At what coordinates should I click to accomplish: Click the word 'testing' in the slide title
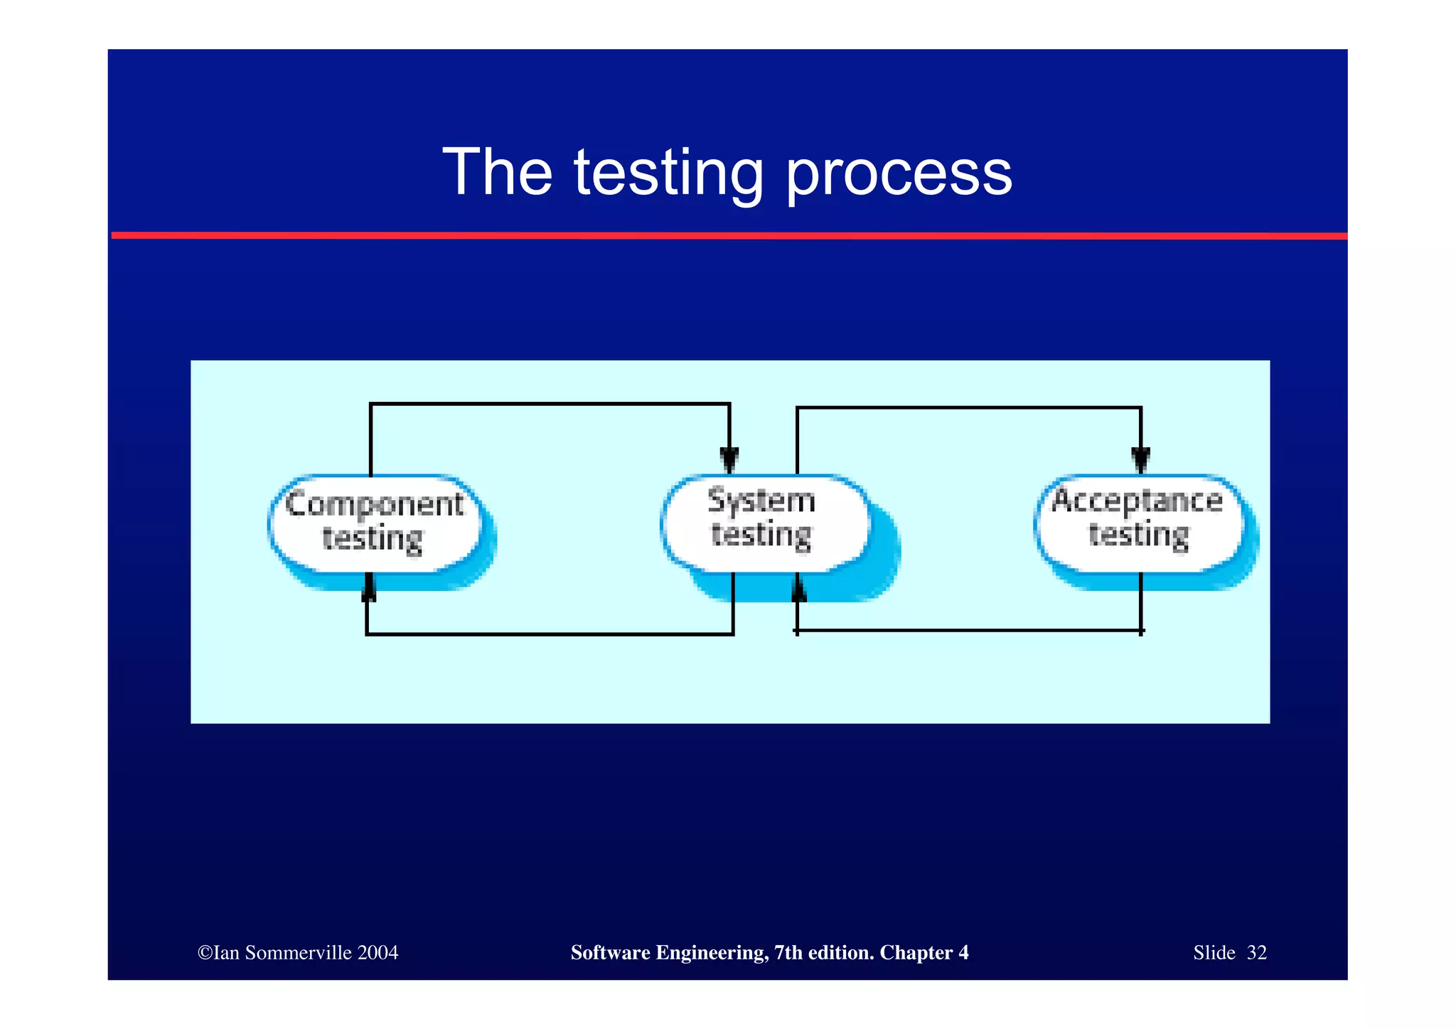668,173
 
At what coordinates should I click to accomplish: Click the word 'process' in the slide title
899,173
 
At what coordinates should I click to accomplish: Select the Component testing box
375,523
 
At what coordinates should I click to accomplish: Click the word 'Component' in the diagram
374,504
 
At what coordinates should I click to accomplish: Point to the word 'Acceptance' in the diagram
1137,501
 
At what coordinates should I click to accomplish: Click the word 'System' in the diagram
761,501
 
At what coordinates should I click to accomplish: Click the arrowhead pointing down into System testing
729,459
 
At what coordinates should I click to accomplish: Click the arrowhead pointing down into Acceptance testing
1140,459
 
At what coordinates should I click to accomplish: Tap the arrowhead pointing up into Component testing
368,589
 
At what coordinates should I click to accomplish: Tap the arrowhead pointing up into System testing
798,588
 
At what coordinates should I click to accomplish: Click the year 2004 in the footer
378,953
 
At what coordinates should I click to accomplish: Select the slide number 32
1256,953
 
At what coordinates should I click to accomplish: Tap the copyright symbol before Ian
205,953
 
